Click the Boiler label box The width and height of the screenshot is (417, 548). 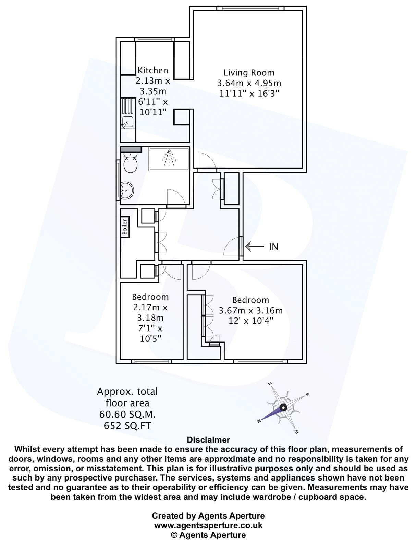(125, 227)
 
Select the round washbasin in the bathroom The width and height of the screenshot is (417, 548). (127, 191)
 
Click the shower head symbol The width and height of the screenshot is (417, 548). (169, 158)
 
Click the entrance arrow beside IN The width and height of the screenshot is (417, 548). (255, 246)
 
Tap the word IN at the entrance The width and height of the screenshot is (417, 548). (273, 247)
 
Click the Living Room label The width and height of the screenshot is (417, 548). (249, 73)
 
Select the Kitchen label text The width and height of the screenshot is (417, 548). (153, 71)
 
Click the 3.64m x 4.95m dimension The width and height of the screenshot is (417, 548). (249, 83)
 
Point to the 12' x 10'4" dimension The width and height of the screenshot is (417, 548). (251, 321)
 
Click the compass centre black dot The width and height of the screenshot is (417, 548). (283, 408)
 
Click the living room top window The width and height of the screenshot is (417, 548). (250, 8)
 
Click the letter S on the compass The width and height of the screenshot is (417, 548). (308, 394)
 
